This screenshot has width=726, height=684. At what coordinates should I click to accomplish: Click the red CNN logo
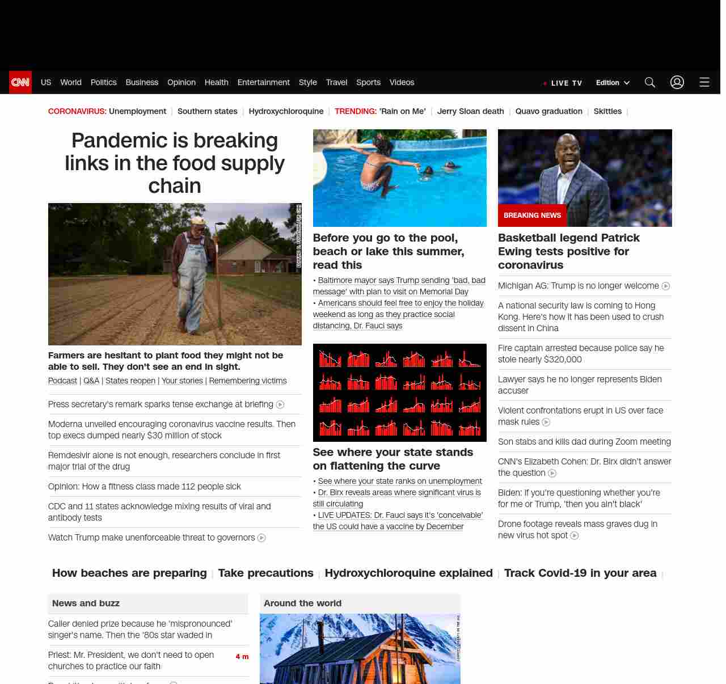[20, 82]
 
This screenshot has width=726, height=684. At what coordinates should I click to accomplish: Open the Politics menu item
[103, 82]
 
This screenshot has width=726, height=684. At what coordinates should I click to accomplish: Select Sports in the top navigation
[368, 82]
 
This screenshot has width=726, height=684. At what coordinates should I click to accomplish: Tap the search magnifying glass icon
[650, 82]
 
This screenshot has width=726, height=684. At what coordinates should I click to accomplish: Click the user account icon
[677, 82]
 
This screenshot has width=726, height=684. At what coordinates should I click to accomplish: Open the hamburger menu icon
[704, 82]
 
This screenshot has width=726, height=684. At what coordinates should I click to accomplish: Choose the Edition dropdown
[613, 83]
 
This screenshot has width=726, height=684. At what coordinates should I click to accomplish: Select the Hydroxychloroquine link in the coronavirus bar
[286, 111]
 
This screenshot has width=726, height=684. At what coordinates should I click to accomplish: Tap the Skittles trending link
[607, 111]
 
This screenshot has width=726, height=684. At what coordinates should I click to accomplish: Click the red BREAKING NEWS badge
[532, 216]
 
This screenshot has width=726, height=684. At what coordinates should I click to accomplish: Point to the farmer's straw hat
[197, 220]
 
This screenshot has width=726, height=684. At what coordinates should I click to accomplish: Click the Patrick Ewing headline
[568, 251]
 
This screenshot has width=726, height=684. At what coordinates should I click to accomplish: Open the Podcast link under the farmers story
[62, 381]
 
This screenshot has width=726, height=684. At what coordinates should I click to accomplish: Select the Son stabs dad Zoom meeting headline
[584, 442]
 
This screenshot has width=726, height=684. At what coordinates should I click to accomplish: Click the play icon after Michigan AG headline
[666, 286]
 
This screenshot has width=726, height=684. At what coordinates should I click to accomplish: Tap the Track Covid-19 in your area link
[580, 573]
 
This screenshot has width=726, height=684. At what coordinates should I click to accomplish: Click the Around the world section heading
[302, 603]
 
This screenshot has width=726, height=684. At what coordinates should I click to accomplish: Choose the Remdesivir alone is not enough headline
[164, 461]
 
